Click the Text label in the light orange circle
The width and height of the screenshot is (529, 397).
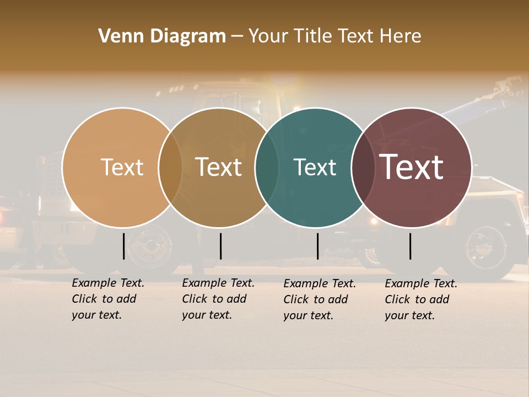[122, 167]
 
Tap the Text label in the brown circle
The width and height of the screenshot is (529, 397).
[219, 167]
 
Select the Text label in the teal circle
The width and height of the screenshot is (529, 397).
[315, 167]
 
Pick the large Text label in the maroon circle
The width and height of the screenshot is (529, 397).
[412, 167]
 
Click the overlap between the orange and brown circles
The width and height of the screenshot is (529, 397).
[170, 168]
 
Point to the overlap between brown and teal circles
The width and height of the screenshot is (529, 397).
[267, 168]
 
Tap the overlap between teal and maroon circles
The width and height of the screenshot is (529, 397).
[363, 168]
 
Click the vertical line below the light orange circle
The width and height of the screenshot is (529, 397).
[123, 246]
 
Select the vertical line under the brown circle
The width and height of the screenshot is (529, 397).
[220, 246]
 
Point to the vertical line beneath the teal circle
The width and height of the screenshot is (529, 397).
[317, 246]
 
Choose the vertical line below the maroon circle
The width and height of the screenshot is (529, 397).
[411, 246]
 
